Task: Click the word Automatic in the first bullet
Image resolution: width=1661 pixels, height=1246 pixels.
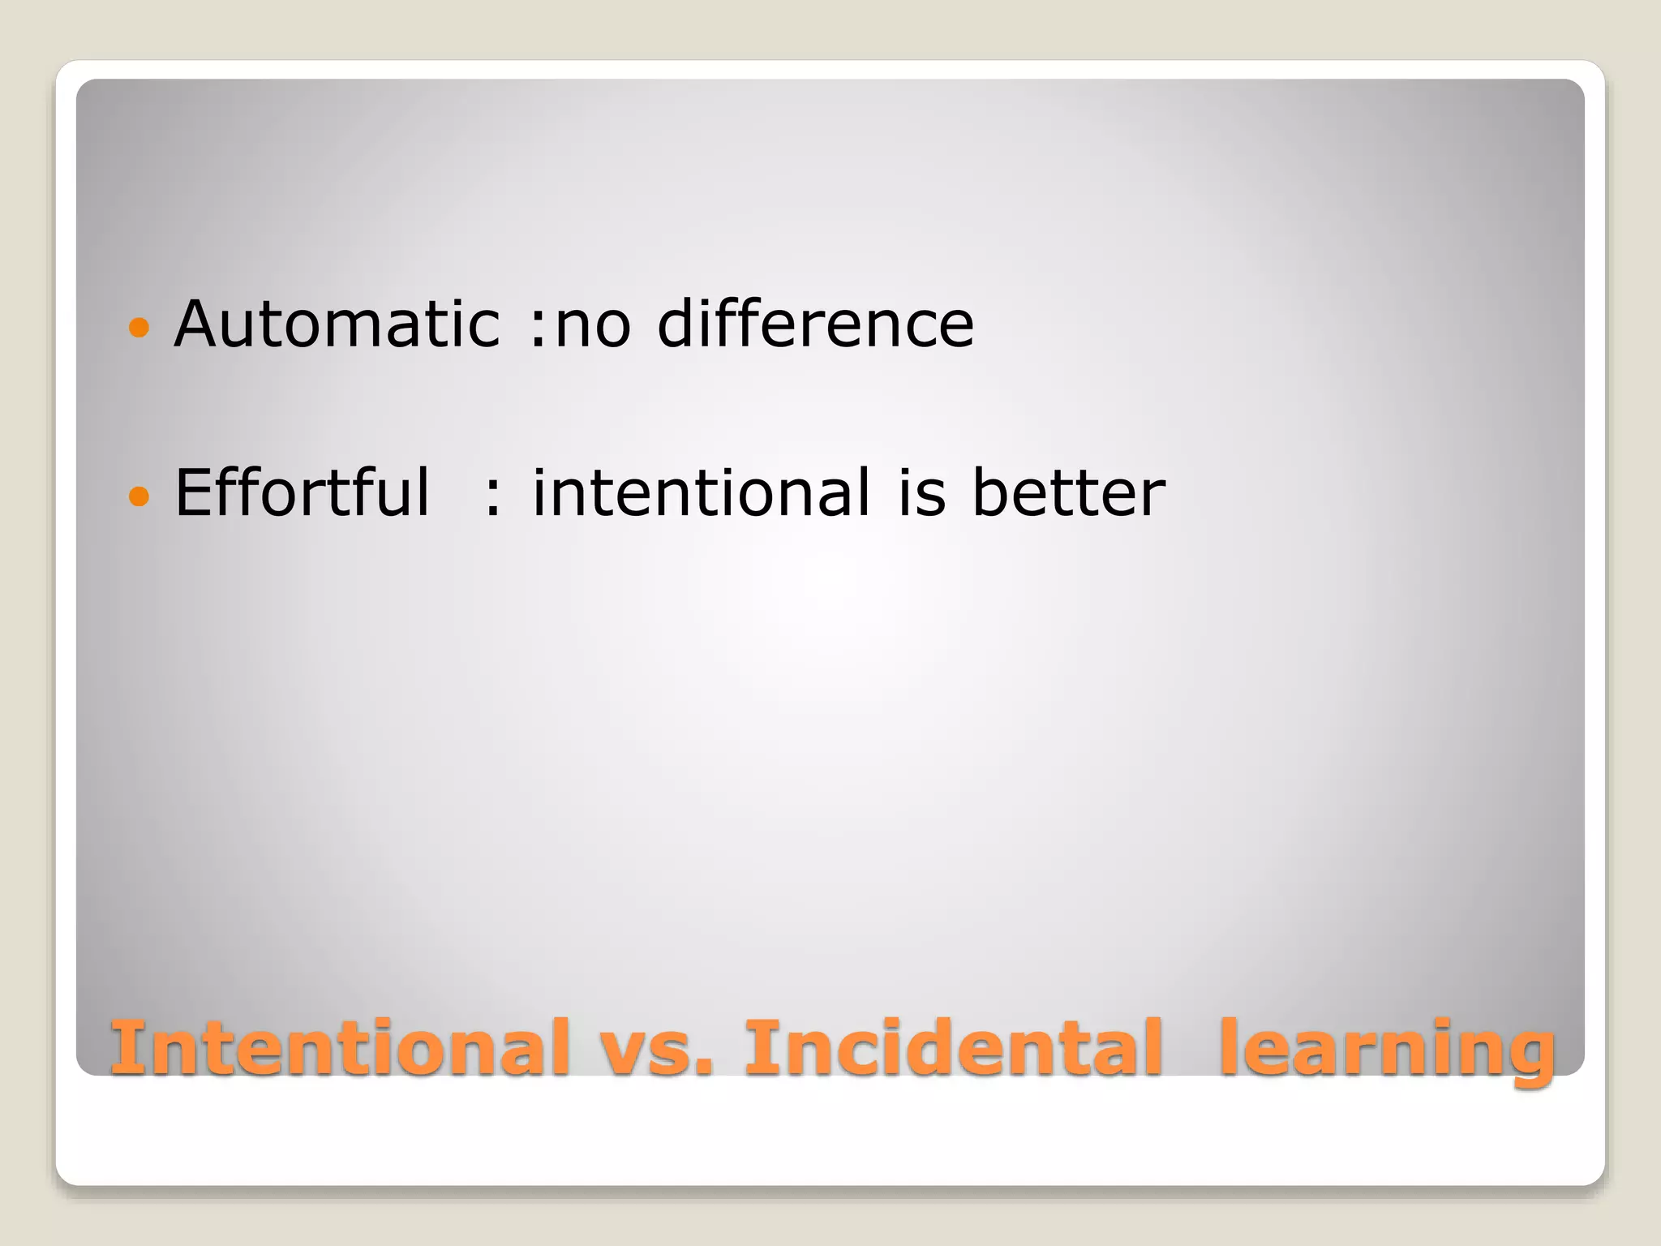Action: coord(337,324)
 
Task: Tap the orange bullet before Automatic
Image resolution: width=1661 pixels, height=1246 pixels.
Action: coord(139,328)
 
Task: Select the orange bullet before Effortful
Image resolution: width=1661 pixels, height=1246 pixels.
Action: coord(139,496)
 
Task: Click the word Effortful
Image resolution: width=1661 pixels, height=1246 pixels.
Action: coord(302,492)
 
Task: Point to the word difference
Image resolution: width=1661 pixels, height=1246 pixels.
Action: coord(815,324)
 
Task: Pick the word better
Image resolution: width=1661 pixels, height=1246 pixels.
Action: coord(1068,492)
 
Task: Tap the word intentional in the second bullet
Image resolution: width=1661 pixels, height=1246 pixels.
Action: coord(701,492)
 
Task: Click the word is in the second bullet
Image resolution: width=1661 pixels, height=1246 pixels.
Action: coord(922,492)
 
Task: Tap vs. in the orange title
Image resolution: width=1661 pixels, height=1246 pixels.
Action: coord(657,1048)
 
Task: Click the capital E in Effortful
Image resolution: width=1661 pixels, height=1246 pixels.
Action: coord(195,492)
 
